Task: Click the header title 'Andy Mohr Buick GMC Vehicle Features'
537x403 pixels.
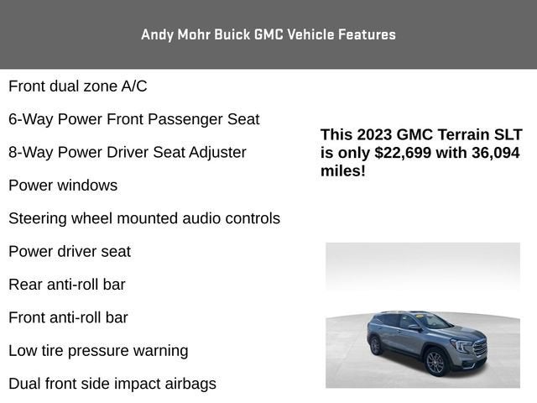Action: (x=268, y=34)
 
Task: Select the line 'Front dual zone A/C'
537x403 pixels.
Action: (x=78, y=86)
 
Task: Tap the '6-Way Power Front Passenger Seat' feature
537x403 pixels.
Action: (x=134, y=119)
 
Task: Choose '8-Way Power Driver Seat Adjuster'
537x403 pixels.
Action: (x=128, y=152)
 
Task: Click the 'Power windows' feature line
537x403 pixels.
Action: (x=63, y=185)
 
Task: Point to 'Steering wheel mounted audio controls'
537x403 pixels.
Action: (x=144, y=218)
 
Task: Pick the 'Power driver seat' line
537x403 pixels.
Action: (x=70, y=251)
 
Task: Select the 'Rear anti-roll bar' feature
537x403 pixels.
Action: (x=67, y=285)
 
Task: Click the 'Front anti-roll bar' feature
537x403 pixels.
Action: (x=69, y=317)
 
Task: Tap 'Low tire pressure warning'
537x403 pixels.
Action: (x=98, y=351)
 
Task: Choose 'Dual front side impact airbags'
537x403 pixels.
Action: (x=112, y=384)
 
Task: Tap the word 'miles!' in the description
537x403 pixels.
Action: (x=343, y=170)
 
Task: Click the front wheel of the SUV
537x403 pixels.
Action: (x=435, y=363)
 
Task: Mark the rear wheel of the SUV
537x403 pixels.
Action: (x=375, y=345)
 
